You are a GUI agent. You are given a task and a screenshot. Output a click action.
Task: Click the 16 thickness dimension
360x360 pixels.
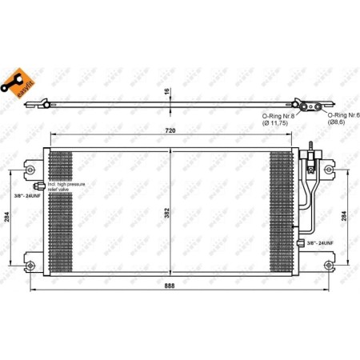(x=168, y=91)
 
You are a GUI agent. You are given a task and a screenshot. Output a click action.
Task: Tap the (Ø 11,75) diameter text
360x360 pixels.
(x=278, y=124)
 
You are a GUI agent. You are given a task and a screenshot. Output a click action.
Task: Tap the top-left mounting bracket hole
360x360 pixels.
(x=29, y=170)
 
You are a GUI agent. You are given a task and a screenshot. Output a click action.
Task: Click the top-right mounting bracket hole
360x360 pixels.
(x=328, y=170)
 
